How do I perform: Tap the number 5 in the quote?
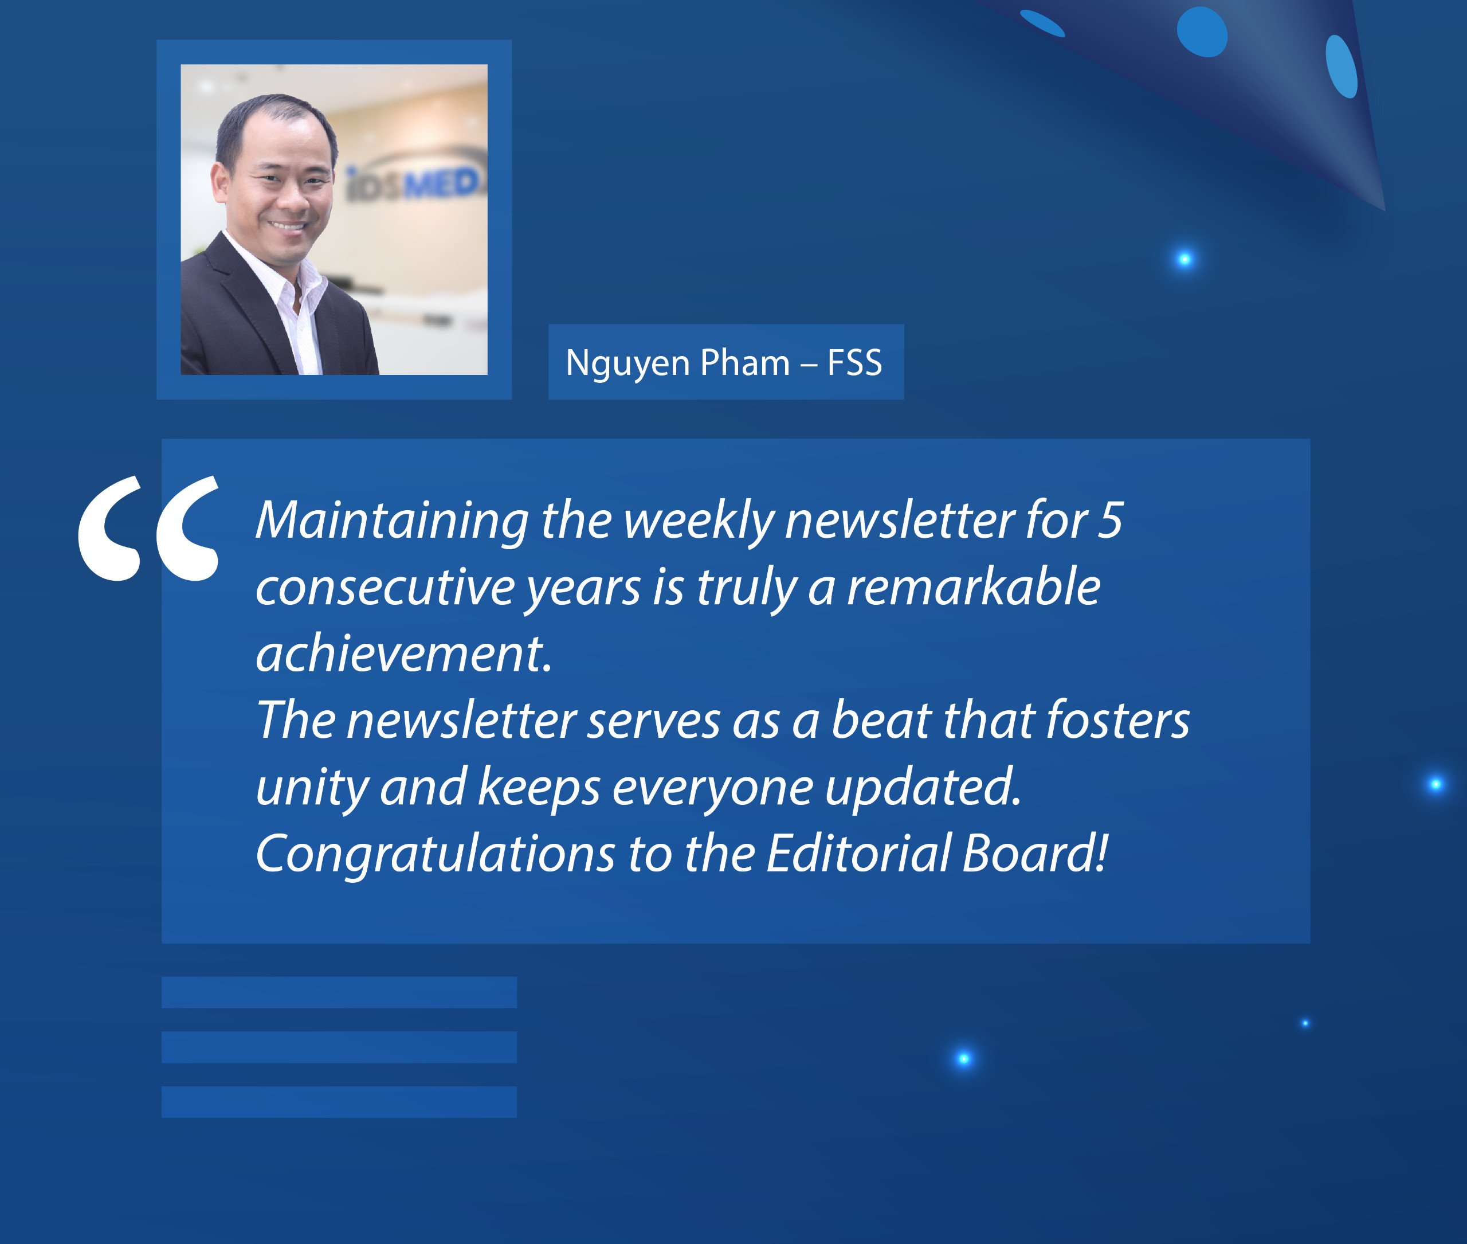(1109, 520)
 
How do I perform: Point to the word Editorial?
(858, 853)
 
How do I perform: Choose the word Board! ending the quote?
(1035, 853)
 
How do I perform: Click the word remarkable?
(974, 586)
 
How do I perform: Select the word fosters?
(1118, 720)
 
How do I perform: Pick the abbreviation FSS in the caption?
(854, 363)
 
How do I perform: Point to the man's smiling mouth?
(288, 226)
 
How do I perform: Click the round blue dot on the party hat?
(1202, 32)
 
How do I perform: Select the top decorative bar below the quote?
(339, 992)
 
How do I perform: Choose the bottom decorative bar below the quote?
(339, 1102)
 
